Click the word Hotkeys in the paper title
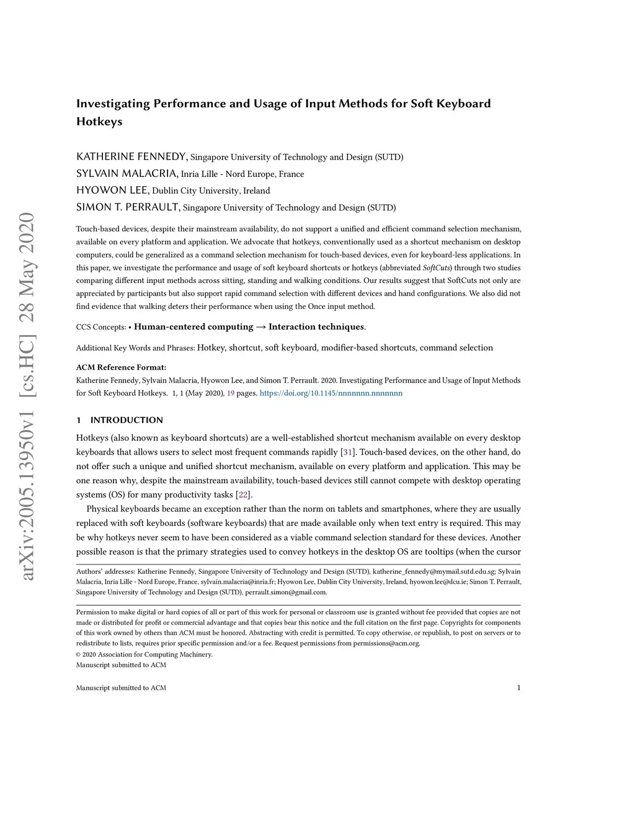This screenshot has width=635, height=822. click(x=99, y=122)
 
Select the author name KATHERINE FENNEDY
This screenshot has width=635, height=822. click(x=131, y=156)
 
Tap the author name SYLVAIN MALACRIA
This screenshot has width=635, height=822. click(x=127, y=173)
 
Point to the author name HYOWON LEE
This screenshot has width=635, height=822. click(x=112, y=190)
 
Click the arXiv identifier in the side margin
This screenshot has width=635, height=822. click(x=27, y=397)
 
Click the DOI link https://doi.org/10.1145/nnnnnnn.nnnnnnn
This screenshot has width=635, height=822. click(x=331, y=393)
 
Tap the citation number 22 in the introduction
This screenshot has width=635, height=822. click(x=244, y=495)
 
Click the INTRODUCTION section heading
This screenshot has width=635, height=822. click(x=127, y=420)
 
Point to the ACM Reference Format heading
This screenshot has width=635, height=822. click(x=121, y=367)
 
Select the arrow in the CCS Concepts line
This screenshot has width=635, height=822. click(x=261, y=327)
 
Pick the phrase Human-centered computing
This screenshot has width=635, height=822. click(x=193, y=327)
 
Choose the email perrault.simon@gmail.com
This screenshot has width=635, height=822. click(x=286, y=592)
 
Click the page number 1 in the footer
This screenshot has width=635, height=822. click(x=518, y=687)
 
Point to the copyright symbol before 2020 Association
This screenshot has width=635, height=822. click(x=79, y=654)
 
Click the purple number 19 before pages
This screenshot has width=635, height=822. click(x=230, y=393)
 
